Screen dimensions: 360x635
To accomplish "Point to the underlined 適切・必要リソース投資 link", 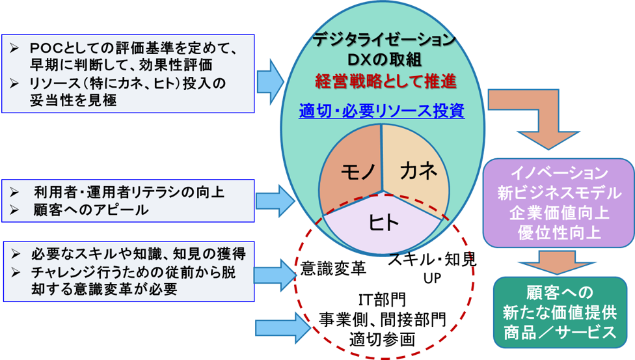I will coord(382,111).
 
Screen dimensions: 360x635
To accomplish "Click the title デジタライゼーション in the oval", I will coord(383,40).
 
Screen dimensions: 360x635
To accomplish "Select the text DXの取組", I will coord(383,60).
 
